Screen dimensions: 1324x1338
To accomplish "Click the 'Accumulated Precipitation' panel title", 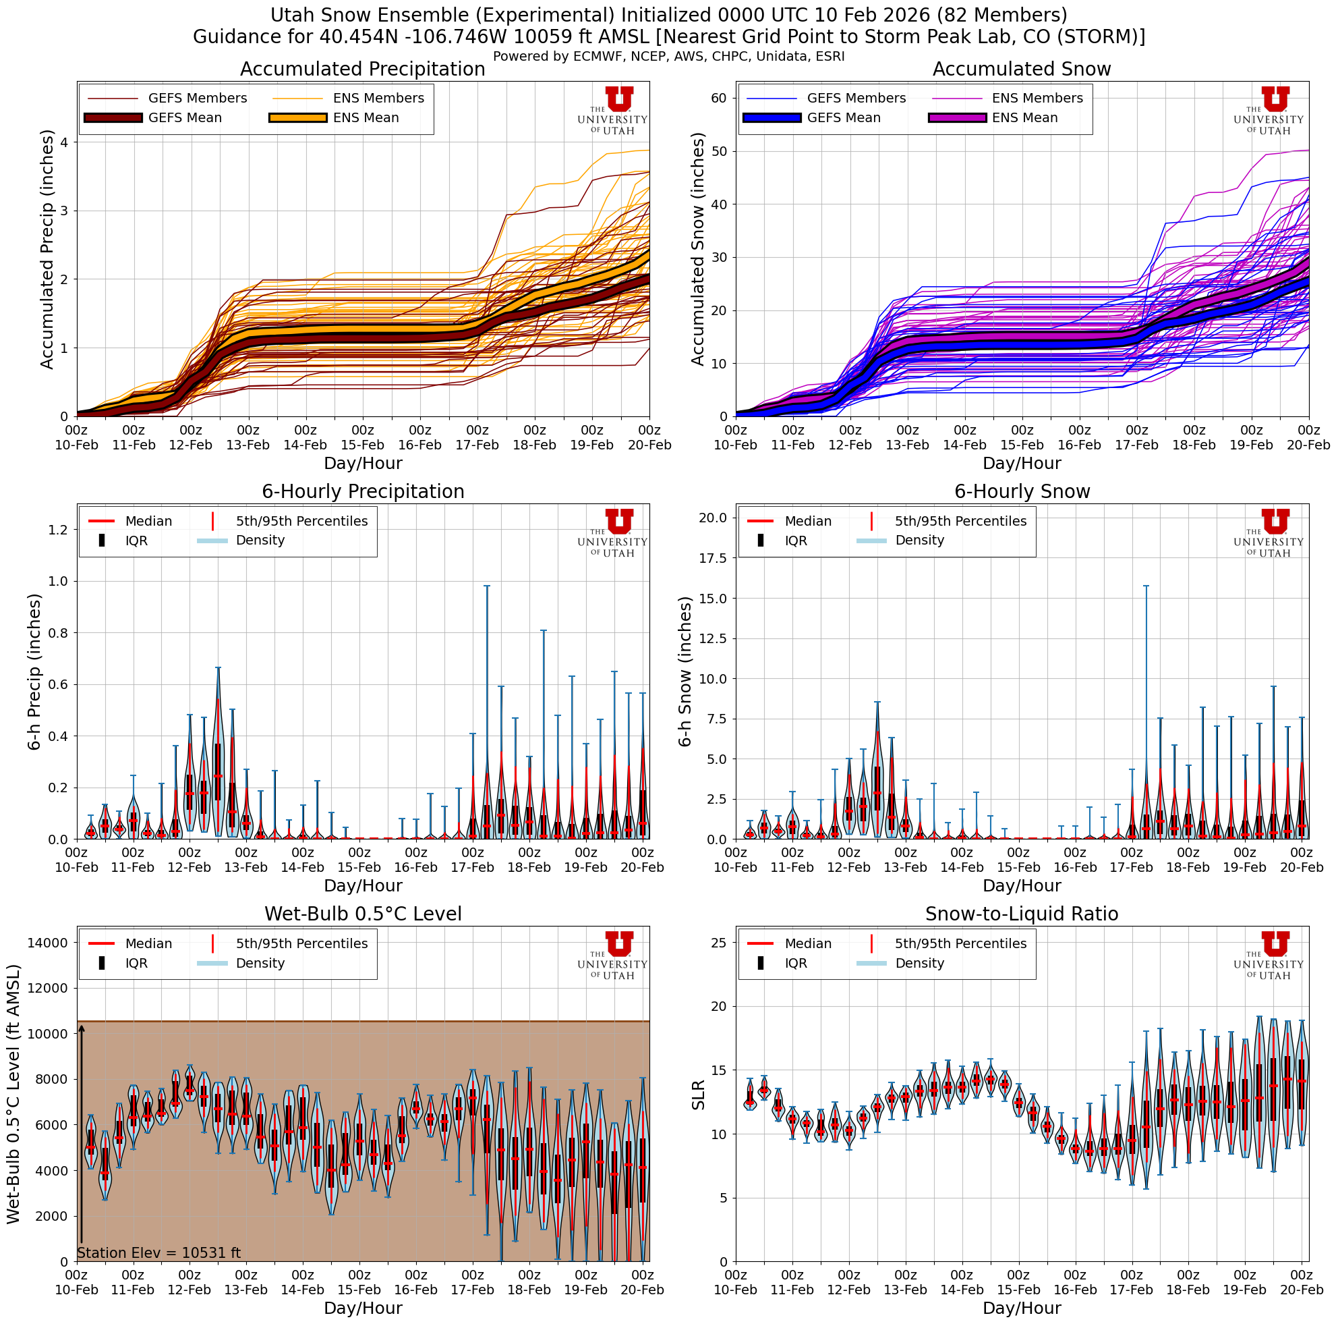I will (x=362, y=70).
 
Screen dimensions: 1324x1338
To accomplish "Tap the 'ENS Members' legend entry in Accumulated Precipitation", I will (x=378, y=99).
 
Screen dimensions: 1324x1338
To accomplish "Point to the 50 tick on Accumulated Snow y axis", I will (x=718, y=151).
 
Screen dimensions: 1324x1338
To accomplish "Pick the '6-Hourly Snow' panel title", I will (x=1022, y=492).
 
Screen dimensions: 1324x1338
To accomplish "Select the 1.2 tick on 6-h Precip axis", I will (x=58, y=530).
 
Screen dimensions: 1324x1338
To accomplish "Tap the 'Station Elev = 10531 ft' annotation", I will (x=158, y=1252).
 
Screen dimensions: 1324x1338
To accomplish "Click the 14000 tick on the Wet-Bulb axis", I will (x=48, y=942).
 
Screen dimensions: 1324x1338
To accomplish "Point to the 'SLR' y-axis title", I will (x=699, y=1095).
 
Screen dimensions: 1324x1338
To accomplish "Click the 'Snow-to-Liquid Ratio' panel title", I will (x=1022, y=914).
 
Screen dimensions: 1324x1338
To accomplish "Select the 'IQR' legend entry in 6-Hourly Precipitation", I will (x=136, y=541).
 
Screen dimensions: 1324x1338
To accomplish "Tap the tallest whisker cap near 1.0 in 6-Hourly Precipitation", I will (x=487, y=586).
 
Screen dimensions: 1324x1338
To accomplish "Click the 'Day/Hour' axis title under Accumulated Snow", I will (x=1022, y=464).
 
